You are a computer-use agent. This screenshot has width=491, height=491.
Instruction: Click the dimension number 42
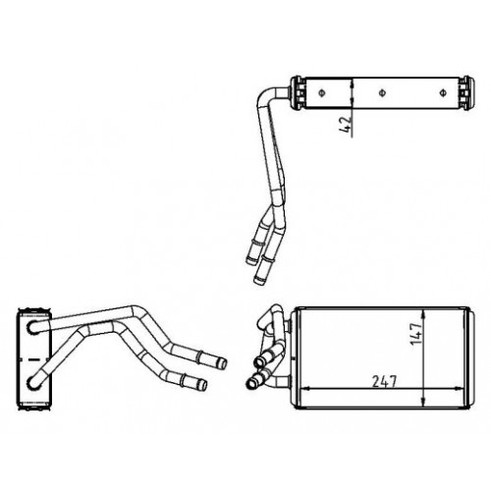346,125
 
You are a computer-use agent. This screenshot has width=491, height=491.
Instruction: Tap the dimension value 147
415,334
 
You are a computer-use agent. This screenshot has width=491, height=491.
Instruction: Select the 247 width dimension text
384,381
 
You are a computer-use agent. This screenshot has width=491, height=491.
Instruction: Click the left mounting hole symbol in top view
322,93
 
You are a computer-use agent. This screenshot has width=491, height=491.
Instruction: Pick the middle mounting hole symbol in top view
382,93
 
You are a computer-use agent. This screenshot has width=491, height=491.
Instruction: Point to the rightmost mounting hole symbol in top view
443,93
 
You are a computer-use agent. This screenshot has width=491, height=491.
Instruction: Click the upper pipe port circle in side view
33,327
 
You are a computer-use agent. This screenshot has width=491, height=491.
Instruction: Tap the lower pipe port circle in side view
33,383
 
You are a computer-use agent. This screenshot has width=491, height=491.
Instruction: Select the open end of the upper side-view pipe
223,363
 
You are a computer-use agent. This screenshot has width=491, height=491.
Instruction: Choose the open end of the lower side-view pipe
203,385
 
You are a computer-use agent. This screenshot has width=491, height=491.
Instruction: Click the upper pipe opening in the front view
259,361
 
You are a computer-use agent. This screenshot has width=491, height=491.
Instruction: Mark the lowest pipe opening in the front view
251,383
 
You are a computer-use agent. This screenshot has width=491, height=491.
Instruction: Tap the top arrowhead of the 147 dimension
424,314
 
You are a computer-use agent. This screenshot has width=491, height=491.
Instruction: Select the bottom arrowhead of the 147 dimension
424,402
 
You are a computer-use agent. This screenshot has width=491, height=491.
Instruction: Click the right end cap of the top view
466,93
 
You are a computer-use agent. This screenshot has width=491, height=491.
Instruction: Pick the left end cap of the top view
298,93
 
